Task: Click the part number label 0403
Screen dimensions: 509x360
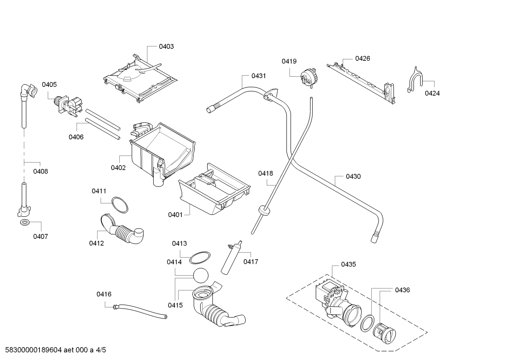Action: (x=166, y=47)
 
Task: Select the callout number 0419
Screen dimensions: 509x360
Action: (x=289, y=61)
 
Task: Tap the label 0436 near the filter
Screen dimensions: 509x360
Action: (x=402, y=290)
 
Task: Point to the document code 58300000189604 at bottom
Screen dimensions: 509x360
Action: (x=34, y=350)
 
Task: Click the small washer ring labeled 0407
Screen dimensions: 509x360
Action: (x=25, y=223)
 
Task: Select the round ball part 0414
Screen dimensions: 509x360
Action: (x=201, y=276)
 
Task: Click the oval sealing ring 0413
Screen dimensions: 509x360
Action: (x=200, y=258)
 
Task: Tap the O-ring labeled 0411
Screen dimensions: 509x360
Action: (x=120, y=205)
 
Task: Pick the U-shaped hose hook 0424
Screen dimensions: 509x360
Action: (x=415, y=79)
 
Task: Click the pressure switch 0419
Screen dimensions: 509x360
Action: (x=308, y=78)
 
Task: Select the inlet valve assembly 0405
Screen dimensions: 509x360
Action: (x=68, y=106)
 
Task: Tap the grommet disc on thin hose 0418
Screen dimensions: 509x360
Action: (x=264, y=210)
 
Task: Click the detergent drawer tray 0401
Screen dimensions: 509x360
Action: (x=214, y=189)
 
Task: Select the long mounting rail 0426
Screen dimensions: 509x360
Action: (x=361, y=84)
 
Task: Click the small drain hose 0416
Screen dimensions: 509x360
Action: (x=140, y=311)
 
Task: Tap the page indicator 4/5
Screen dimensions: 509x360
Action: (x=101, y=350)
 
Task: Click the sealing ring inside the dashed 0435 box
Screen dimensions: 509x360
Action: (x=367, y=323)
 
